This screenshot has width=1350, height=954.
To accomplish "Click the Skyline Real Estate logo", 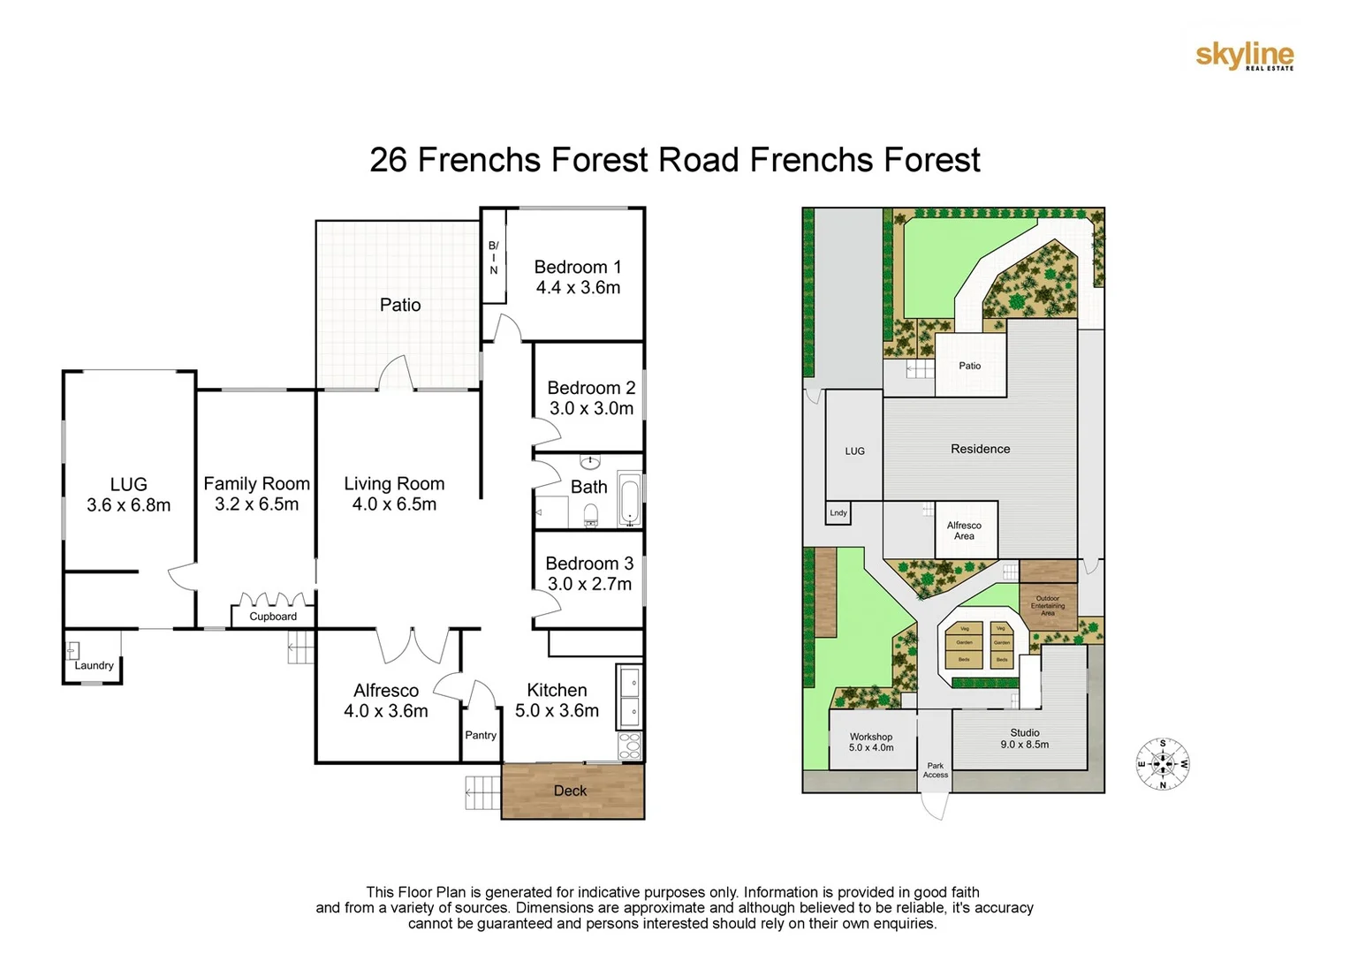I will click(1244, 56).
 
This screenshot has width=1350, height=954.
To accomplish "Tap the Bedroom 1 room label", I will click(578, 267).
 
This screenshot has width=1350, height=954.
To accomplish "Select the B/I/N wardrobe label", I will click(493, 257).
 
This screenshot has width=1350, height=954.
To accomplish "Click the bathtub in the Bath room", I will click(628, 500).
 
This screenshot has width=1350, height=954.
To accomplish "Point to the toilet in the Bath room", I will click(591, 515).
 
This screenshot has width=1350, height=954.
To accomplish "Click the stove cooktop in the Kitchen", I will click(629, 746).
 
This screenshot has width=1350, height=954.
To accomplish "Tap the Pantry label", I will click(481, 735).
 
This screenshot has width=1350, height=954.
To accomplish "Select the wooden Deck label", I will click(570, 791).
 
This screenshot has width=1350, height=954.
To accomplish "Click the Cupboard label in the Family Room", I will click(273, 617).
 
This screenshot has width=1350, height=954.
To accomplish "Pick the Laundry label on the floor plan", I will click(94, 665).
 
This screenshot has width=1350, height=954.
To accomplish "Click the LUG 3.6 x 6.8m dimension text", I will click(129, 505).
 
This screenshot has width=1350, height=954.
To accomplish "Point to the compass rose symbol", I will click(1162, 764).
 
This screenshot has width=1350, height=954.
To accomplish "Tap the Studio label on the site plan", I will click(1025, 732).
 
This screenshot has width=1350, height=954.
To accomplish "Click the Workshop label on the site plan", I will click(871, 737).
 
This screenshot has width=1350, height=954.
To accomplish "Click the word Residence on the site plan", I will click(980, 449).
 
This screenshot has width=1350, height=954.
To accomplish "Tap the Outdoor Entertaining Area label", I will click(1047, 605).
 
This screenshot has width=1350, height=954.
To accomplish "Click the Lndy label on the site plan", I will click(838, 512).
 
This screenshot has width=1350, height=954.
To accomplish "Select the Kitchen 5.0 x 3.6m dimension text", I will click(557, 711).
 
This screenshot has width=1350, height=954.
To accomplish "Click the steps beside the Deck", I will click(482, 792).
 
